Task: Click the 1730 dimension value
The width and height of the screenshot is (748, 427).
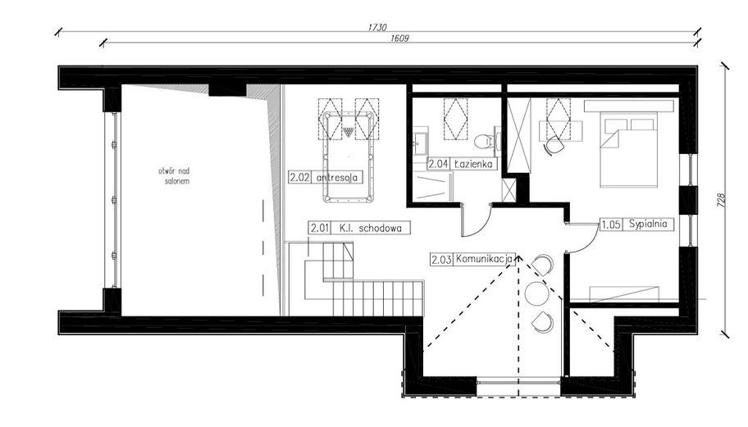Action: pos(376,28)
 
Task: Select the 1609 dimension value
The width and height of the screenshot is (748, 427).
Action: pos(399,39)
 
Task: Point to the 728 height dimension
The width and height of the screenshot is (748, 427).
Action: pos(721,200)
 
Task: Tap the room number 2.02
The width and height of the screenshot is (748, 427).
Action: pos(300,178)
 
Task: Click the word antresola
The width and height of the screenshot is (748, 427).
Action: pos(337,178)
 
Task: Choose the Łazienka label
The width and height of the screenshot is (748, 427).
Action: pos(473,164)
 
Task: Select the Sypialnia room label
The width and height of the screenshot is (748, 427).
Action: pos(647,224)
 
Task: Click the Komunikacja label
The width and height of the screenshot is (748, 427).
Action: pos(484,259)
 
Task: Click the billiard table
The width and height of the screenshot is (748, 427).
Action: pos(349,157)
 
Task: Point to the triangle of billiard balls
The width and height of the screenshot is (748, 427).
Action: pos(349,132)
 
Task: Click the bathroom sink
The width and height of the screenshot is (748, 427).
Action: pos(420,141)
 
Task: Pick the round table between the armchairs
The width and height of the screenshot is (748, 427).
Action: pos(536,293)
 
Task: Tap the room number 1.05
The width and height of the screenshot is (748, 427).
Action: pos(611,225)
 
